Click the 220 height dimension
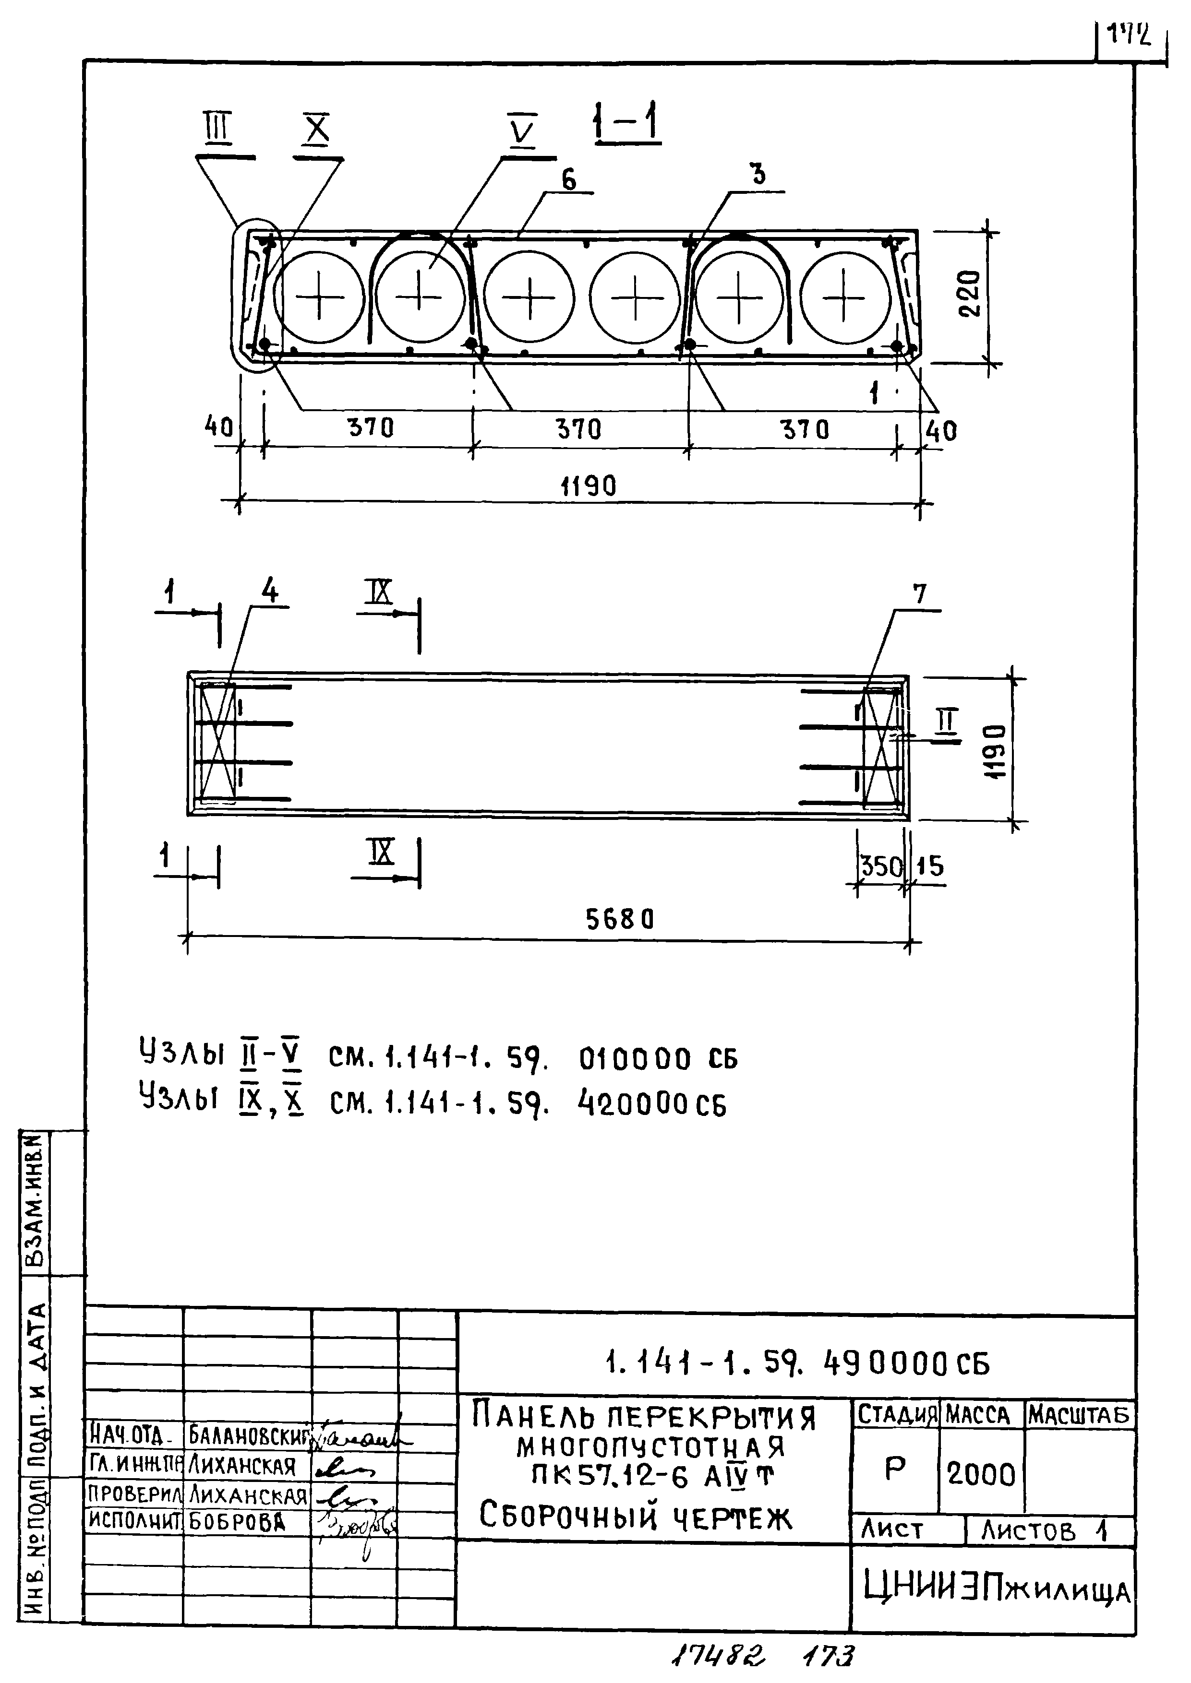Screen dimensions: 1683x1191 click(970, 293)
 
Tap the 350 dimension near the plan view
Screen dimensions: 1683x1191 click(880, 866)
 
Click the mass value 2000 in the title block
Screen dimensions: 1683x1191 click(981, 1474)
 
